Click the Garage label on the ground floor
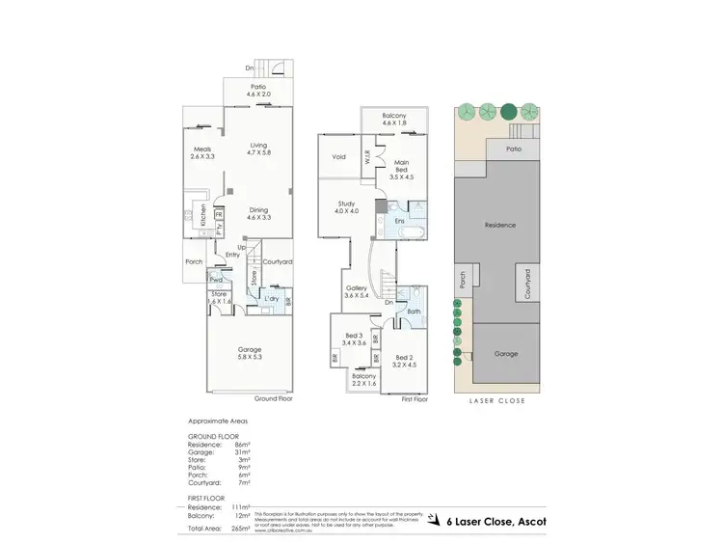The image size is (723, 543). coord(250,353)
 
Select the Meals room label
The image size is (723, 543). coord(202,152)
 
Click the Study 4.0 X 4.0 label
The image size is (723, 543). coord(347,206)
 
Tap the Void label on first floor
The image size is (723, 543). coord(338,157)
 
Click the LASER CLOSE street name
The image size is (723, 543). coord(497,401)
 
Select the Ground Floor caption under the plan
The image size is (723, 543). coord(273,398)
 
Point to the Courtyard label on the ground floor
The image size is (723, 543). coord(278,261)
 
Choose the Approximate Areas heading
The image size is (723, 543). coord(217,421)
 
